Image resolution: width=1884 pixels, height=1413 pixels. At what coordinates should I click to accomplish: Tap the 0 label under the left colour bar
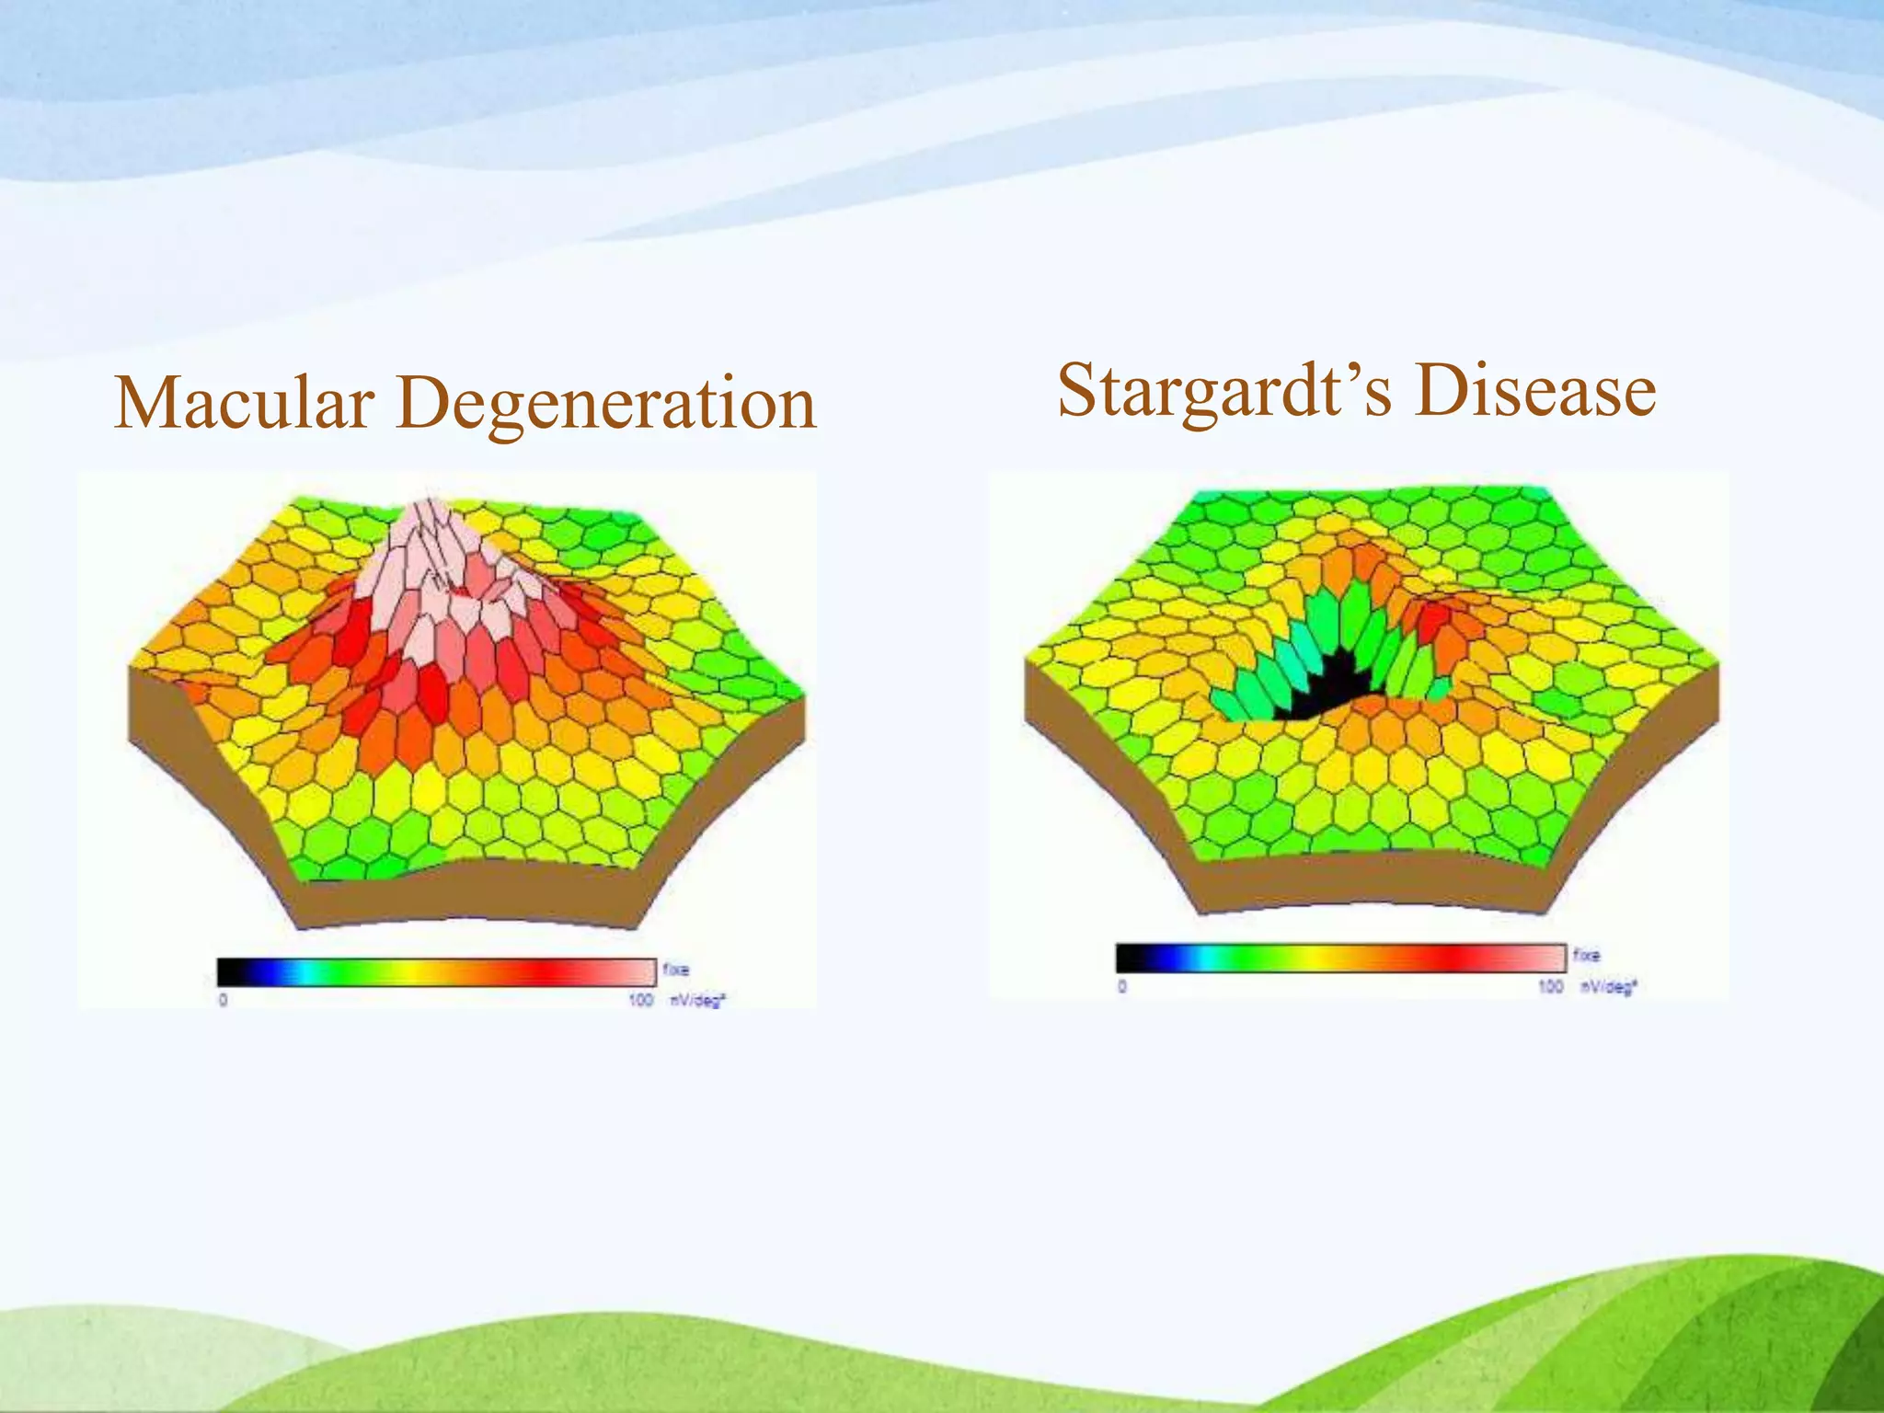pyautogui.click(x=223, y=1000)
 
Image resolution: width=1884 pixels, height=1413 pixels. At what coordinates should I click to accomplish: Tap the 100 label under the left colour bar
pyautogui.click(x=640, y=1000)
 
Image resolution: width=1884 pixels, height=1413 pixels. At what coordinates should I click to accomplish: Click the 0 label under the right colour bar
pyautogui.click(x=1122, y=986)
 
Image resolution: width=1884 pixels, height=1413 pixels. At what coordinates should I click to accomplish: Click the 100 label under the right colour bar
pyautogui.click(x=1550, y=986)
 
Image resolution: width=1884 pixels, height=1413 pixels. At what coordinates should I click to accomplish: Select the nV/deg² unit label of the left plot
pyautogui.click(x=696, y=1000)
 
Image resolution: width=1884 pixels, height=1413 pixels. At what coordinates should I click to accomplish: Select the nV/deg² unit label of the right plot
pyautogui.click(x=1607, y=986)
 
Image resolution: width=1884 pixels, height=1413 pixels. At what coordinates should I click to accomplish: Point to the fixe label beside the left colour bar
pyautogui.click(x=675, y=970)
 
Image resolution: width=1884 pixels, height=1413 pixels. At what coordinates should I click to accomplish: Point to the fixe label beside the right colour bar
pyautogui.click(x=1586, y=955)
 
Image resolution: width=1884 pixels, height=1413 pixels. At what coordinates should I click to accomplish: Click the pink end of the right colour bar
pyautogui.click(x=1545, y=958)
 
